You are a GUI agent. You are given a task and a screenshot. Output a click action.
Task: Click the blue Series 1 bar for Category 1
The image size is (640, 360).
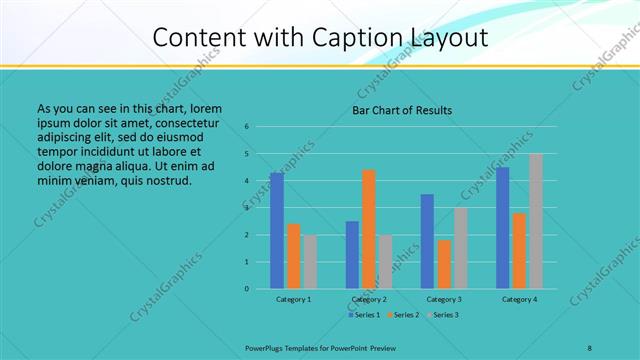276,231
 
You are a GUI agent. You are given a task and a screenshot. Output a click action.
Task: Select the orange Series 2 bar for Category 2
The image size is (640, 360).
368,229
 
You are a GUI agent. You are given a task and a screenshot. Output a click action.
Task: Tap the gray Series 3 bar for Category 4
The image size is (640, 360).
535,221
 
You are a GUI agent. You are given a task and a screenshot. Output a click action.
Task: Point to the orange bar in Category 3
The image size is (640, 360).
444,264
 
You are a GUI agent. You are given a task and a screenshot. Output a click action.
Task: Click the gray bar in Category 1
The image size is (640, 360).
310,262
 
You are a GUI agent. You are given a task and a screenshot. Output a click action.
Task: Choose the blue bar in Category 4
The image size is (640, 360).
502,228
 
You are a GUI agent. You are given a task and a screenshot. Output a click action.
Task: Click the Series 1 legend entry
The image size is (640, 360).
365,315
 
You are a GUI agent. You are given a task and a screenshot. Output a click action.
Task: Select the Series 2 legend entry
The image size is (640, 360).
404,315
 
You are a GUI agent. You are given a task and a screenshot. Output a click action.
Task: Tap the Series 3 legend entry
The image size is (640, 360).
443,315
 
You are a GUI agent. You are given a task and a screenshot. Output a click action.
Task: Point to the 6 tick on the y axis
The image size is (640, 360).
246,127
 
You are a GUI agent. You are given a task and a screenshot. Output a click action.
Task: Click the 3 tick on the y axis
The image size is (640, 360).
246,208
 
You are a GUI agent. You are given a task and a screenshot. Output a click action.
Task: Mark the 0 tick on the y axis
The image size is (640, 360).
246,289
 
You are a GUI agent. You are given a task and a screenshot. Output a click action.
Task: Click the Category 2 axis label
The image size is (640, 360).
369,299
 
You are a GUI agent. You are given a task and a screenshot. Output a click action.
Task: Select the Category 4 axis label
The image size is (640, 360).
519,299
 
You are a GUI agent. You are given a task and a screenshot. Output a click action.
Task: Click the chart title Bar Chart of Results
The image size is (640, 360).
402,110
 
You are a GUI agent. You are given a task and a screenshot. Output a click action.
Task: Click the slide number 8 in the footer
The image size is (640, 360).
589,347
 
